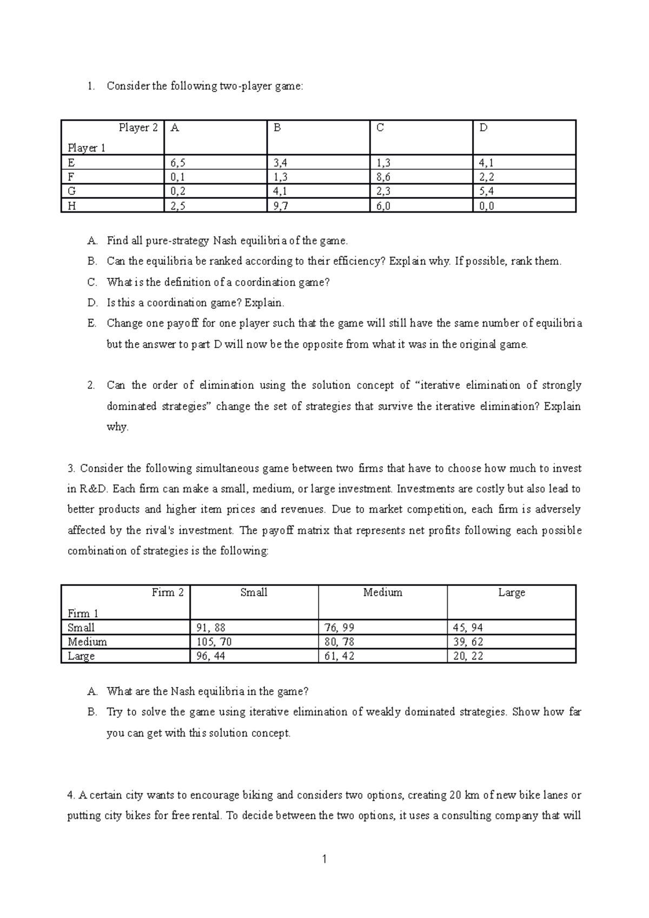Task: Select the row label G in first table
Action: tap(71, 191)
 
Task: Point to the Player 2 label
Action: tap(138, 128)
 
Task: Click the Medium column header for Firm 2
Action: tap(382, 593)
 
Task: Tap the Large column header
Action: tap(511, 593)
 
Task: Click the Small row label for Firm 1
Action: tap(81, 628)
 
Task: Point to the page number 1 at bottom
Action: tap(324, 859)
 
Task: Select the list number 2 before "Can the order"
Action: tap(90, 385)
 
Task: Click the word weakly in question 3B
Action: tap(383, 712)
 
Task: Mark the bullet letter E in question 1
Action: tap(91, 323)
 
